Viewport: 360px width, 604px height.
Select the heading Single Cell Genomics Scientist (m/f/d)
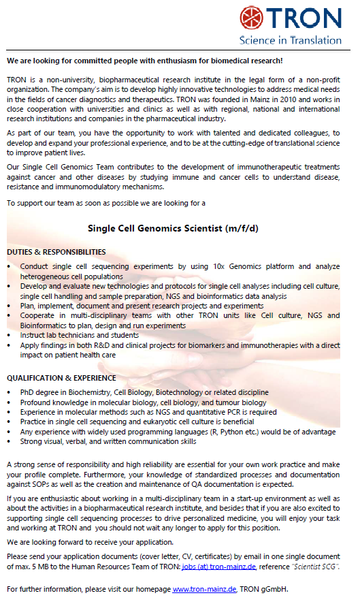pyautogui.click(x=174, y=227)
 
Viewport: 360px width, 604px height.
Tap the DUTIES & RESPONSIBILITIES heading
pyautogui.click(x=56, y=252)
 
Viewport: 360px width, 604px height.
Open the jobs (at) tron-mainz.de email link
pyautogui.click(x=220, y=567)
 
